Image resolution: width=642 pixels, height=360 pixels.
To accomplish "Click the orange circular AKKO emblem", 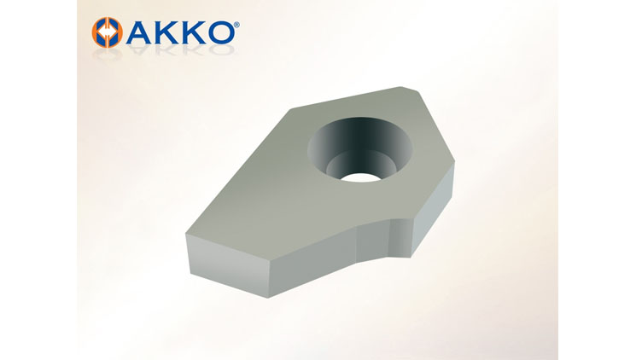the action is pyautogui.click(x=107, y=32).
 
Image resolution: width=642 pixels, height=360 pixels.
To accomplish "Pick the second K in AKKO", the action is pyautogui.click(x=196, y=32).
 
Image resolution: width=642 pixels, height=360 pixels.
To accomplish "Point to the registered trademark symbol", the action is pyautogui.click(x=237, y=26).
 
